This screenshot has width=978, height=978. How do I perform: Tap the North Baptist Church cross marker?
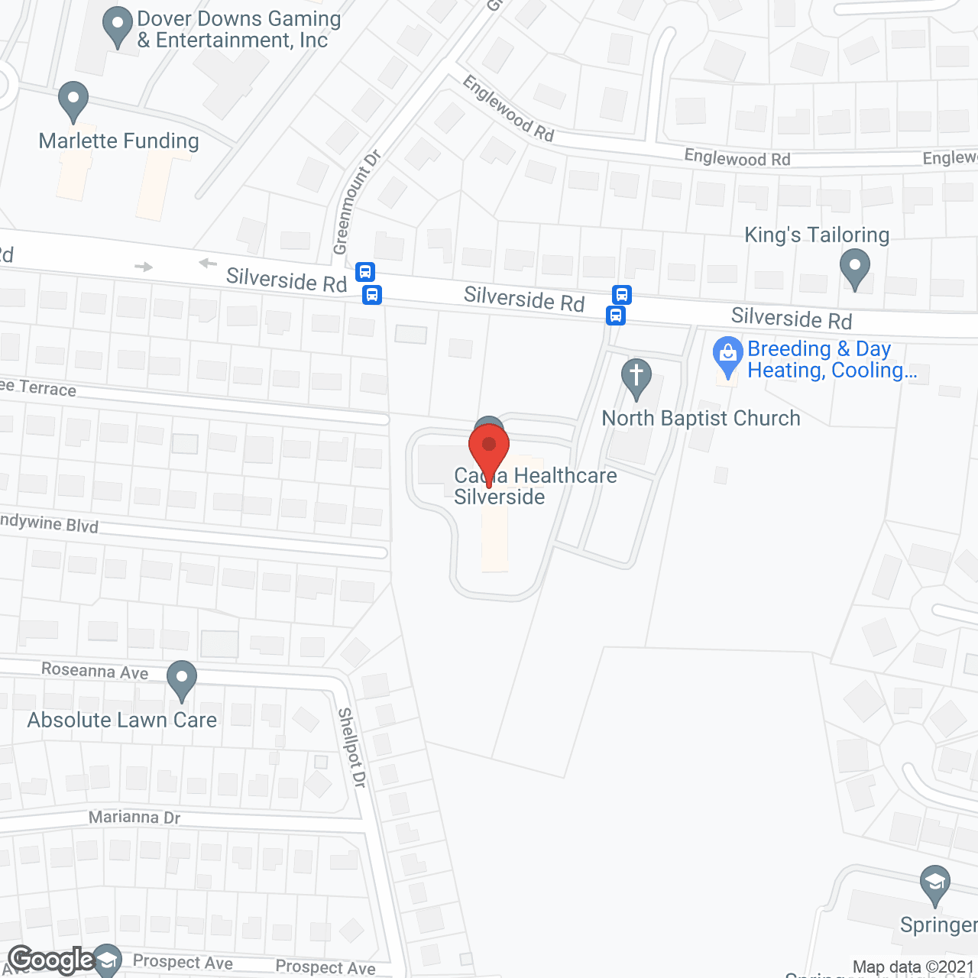[636, 378]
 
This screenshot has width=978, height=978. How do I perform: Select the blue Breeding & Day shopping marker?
[727, 355]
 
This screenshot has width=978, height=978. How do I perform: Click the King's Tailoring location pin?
[854, 270]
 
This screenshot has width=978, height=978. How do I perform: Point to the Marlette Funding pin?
[73, 101]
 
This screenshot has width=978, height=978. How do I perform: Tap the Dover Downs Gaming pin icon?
[117, 26]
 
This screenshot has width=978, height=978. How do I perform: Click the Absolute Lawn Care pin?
[182, 679]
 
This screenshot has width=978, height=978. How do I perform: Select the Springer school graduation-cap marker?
[934, 885]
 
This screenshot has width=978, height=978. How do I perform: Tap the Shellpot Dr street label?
[352, 747]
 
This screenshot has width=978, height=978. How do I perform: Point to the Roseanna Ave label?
[95, 671]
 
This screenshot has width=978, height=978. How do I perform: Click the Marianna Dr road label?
[134, 818]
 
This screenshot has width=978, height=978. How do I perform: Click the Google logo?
[51, 960]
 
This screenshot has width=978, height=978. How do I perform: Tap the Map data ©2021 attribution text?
[914, 967]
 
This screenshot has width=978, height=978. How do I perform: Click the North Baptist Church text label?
[701, 419]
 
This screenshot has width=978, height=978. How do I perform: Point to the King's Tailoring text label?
[817, 235]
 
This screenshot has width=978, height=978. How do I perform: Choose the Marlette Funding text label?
[118, 141]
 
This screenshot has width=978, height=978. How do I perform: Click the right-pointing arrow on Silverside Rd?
[144, 267]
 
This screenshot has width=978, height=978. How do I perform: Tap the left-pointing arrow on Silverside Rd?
[208, 264]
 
